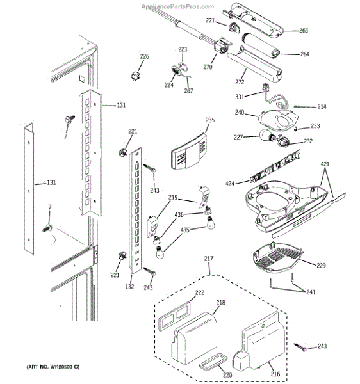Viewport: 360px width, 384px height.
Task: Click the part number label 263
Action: pos(304,30)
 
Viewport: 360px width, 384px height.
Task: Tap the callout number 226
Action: pos(144,56)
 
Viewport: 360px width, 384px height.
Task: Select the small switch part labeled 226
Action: pos(135,76)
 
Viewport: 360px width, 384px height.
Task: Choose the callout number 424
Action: pos(229,184)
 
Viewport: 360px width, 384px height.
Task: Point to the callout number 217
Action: pos(208,259)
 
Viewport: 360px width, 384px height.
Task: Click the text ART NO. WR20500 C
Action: pos(53,367)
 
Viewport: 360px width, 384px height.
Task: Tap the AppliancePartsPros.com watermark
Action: pos(177,6)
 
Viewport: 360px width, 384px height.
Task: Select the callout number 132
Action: pos(129,286)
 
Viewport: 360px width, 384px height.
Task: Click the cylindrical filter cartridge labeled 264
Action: pos(261,46)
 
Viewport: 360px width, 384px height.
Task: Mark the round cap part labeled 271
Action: pos(235,28)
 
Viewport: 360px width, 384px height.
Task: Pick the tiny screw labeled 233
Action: pos(295,129)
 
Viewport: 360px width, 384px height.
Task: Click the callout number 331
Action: pos(240,97)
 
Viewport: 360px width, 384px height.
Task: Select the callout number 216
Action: pos(275,374)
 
